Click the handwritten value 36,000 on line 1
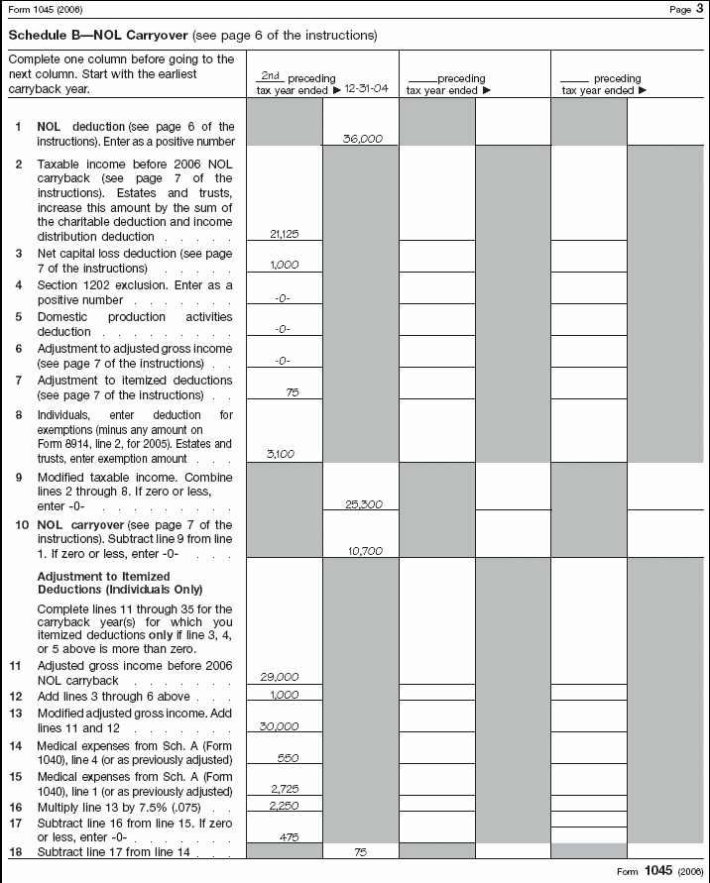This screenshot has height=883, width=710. point(363,140)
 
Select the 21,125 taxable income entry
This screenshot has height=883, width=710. point(284,235)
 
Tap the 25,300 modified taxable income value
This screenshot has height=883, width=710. point(363,504)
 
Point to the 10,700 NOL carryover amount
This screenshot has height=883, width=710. point(363,549)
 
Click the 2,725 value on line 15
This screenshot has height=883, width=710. point(284,789)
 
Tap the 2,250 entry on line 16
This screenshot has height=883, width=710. point(284,806)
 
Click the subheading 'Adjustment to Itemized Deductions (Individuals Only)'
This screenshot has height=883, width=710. point(103,583)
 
